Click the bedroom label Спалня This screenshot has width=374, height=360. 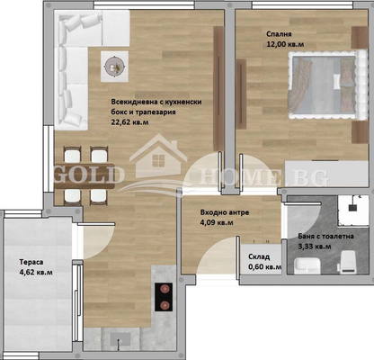pyautogui.click(x=279, y=34)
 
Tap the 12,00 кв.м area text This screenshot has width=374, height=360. pyautogui.click(x=285, y=44)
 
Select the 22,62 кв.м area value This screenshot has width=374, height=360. pyautogui.click(x=129, y=122)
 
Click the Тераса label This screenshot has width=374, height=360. pyautogui.click(x=31, y=262)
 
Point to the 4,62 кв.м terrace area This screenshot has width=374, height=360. pyautogui.click(x=36, y=273)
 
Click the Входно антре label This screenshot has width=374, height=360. pyautogui.click(x=225, y=212)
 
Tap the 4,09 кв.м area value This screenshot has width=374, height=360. pyautogui.click(x=217, y=223)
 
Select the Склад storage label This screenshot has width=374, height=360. pyautogui.click(x=259, y=256)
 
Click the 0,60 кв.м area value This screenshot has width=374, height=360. pyautogui.click(x=265, y=267)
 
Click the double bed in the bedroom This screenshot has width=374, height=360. pyautogui.click(x=327, y=85)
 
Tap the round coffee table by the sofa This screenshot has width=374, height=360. pyautogui.click(x=114, y=67)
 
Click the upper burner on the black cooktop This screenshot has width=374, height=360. pyautogui.click(x=164, y=289)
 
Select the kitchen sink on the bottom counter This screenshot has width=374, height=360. pyautogui.click(x=120, y=339)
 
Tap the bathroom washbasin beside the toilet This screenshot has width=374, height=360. pyautogui.click(x=307, y=265)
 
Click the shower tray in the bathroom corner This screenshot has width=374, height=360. pyautogui.click(x=353, y=211)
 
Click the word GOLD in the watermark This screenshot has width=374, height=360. pyautogui.click(x=89, y=175)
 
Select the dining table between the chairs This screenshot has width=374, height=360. pyautogui.click(x=85, y=176)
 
